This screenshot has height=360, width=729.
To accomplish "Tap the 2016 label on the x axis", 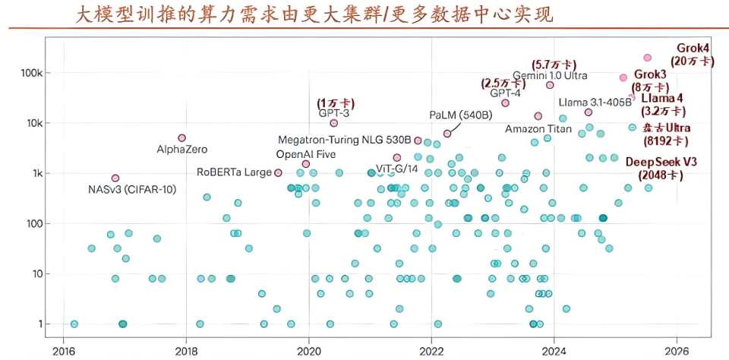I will click(64, 351).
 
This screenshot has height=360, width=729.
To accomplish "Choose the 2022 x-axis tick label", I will click(431, 351).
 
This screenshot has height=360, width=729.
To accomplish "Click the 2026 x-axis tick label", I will click(676, 351).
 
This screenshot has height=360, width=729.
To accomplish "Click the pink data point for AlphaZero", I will click(181, 138).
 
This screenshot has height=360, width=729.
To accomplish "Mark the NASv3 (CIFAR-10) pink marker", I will click(115, 178).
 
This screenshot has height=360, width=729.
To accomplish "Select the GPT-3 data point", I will click(333, 123).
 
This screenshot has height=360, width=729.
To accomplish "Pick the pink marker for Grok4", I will click(647, 58).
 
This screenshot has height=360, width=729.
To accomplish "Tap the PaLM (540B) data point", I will click(447, 134).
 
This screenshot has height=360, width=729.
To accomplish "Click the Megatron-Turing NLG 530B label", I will click(345, 141).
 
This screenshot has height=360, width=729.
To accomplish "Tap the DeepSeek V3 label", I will click(661, 162).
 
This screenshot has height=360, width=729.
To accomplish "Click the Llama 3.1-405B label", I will click(595, 103).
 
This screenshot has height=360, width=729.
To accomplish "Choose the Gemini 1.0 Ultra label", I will click(550, 75).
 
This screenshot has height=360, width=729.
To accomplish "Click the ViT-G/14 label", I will click(397, 168).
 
